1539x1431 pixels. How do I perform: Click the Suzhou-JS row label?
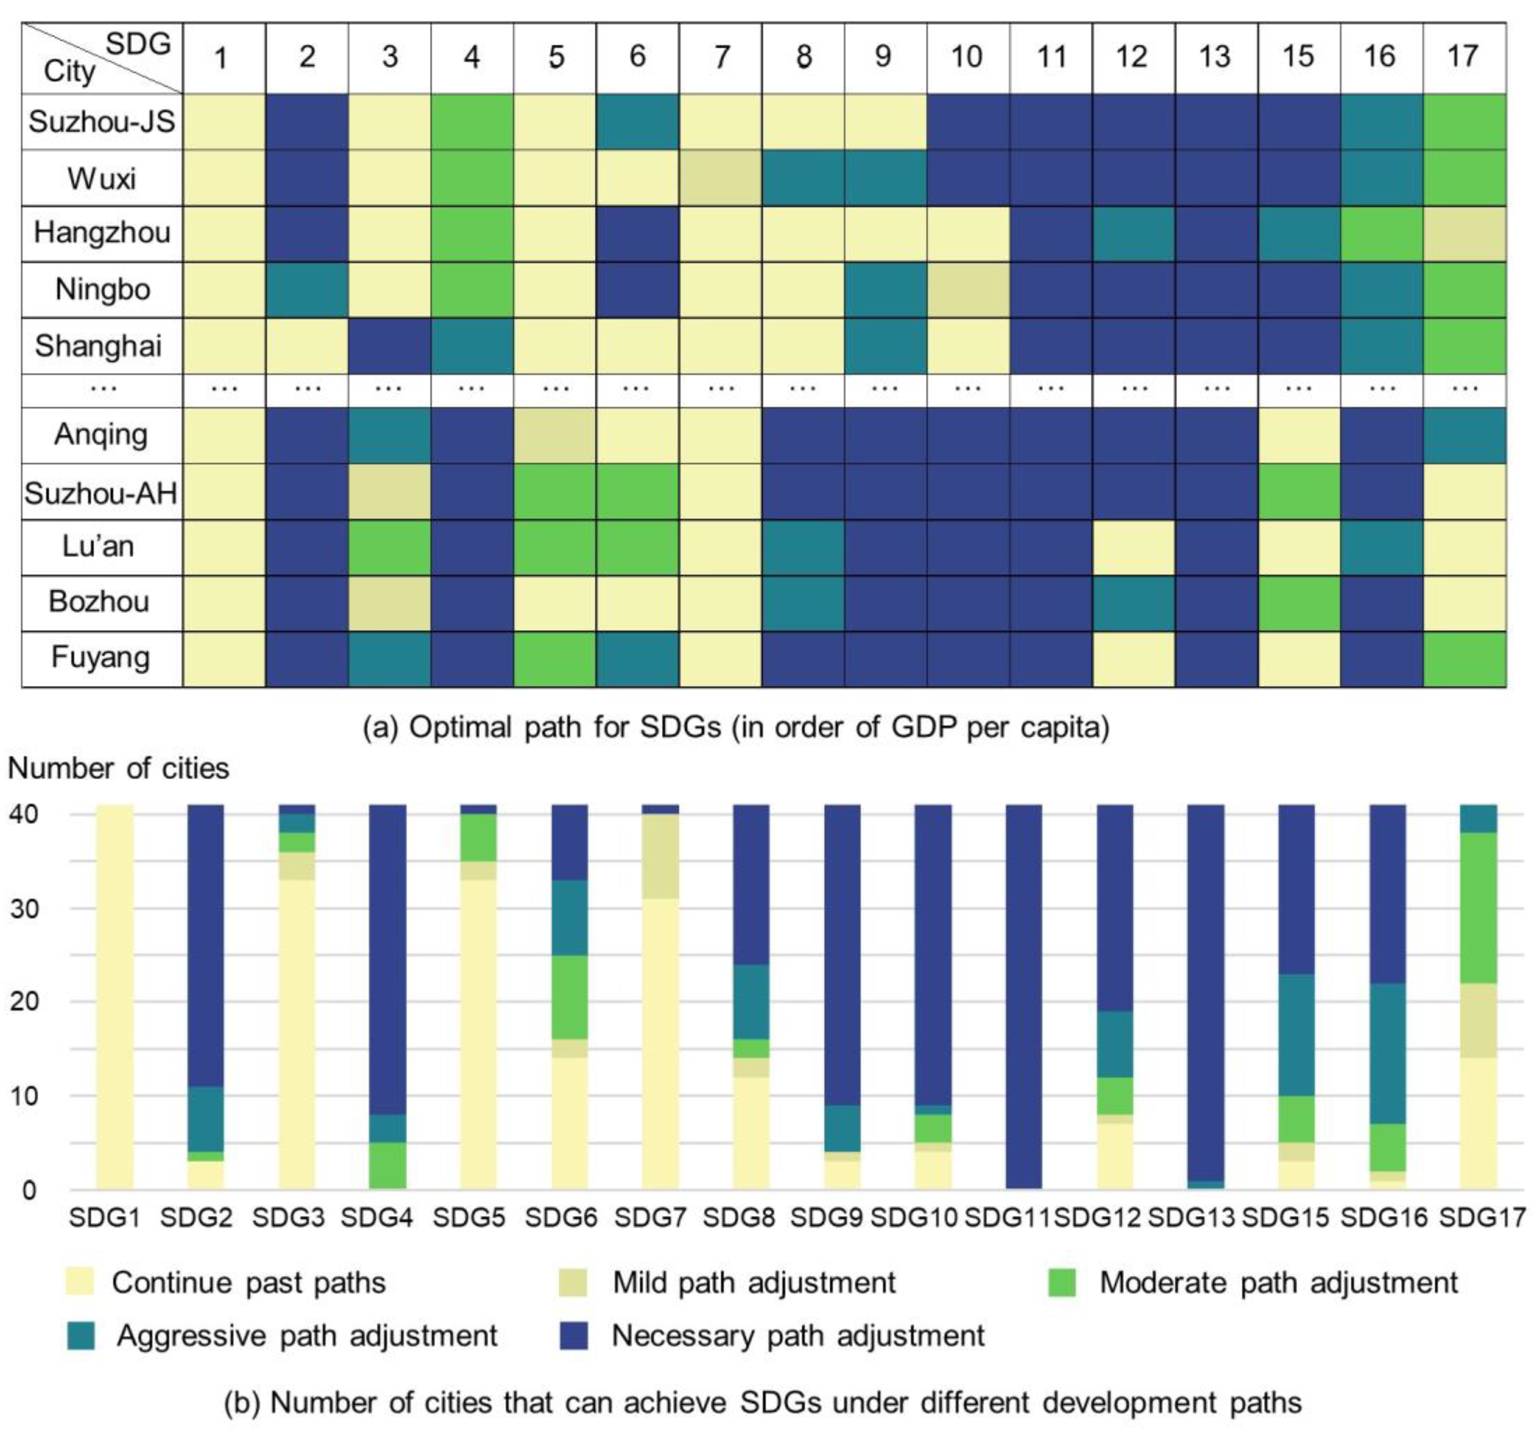pyautogui.click(x=101, y=121)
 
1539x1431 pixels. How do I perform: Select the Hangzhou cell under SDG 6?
pyautogui.click(x=637, y=233)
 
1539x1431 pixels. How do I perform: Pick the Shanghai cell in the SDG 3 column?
pyautogui.click(x=390, y=345)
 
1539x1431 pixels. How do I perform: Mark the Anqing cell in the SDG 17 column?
pyautogui.click(x=1464, y=435)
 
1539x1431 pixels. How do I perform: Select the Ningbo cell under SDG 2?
pyautogui.click(x=307, y=289)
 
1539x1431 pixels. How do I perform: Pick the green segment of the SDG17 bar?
pyautogui.click(x=1478, y=907)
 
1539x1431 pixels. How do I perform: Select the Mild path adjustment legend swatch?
pyautogui.click(x=572, y=1283)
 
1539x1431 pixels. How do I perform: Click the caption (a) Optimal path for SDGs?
pyautogui.click(x=735, y=727)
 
